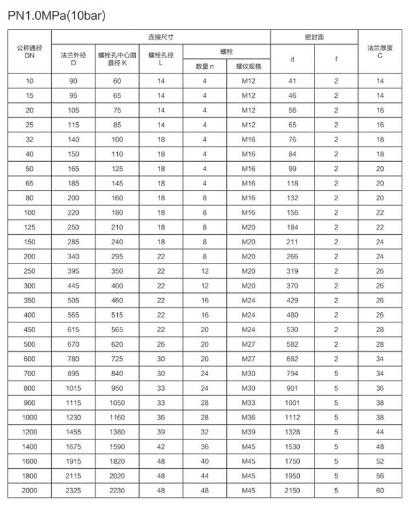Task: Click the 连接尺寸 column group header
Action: pos(161,37)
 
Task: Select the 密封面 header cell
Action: pos(314,37)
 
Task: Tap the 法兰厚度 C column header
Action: pos(380,51)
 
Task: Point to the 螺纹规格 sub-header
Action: pos(248,66)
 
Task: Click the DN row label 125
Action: pos(29,227)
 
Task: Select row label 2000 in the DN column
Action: pos(29,491)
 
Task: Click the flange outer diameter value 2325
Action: pos(73,491)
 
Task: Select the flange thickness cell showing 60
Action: pos(380,491)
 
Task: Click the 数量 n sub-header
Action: pos(204,66)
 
